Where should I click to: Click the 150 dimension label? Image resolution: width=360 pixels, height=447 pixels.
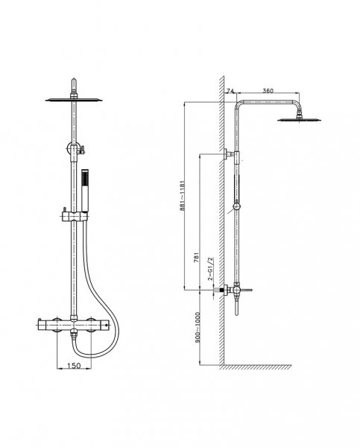coord(75,365)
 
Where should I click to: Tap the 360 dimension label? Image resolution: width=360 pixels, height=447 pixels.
coord(268,91)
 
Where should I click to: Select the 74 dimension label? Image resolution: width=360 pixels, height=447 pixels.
coord(230,91)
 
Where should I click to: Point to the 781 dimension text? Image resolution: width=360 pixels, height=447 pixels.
coord(196,258)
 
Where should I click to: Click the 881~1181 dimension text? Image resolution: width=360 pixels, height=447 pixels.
coord(183,195)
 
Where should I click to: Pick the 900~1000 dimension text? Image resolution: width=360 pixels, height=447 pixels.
coord(198,327)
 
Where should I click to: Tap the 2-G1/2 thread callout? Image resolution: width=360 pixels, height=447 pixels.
coord(210,268)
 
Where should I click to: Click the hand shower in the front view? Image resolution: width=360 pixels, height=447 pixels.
coord(85,191)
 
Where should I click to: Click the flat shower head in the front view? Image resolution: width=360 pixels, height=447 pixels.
coord(74,100)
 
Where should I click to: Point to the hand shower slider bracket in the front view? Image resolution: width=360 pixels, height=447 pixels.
coord(74,216)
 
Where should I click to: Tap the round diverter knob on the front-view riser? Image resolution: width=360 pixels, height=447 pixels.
coord(72,148)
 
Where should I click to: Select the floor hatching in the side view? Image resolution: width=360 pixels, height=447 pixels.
coord(256,367)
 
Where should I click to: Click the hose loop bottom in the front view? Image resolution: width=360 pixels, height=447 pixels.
coord(94,355)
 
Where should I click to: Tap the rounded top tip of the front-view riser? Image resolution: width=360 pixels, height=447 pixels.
coord(74,79)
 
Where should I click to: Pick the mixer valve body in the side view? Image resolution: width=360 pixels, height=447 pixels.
coord(236,291)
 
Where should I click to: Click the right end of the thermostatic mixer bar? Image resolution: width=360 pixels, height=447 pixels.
coord(108,324)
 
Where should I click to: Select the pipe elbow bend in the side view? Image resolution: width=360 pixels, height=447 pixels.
coord(239,104)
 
